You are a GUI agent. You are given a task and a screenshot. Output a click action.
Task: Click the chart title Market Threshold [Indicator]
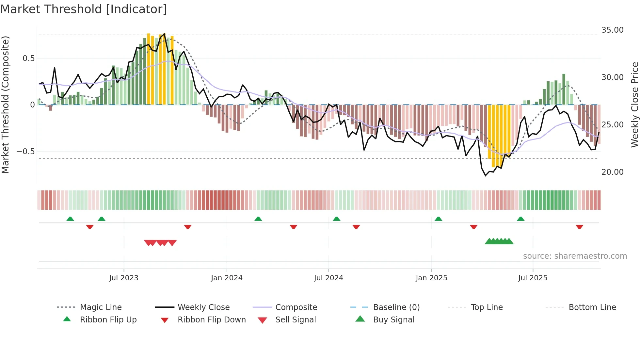84,9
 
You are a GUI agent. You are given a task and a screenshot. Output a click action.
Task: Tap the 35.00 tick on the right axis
612,30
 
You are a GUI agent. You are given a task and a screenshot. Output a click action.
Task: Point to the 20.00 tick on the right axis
612,172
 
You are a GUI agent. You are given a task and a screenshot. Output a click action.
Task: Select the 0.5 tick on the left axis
28,58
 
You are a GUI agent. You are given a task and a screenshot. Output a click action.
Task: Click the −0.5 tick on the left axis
25,152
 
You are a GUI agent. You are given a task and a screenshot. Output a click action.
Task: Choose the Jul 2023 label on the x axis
124,278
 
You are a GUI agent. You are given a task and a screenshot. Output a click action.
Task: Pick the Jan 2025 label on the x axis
431,278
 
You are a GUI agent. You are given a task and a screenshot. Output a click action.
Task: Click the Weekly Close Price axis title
634,105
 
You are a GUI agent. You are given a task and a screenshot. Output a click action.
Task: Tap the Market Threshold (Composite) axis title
5,105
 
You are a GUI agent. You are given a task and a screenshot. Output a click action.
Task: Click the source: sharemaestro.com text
575,256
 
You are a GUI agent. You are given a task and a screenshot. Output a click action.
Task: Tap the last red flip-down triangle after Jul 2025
579,227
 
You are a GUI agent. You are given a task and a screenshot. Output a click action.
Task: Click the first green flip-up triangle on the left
70,219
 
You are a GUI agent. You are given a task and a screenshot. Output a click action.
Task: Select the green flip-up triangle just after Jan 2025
438,219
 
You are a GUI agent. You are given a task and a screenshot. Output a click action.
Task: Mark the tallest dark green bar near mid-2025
564,89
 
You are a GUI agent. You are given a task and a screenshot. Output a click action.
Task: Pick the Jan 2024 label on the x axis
227,278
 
